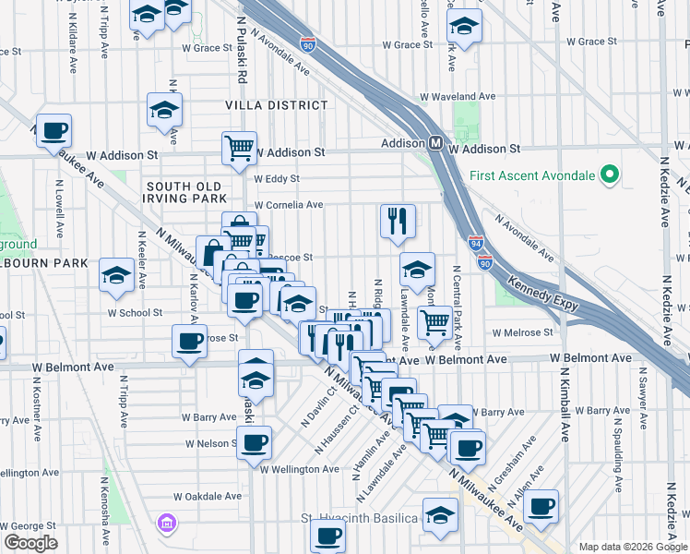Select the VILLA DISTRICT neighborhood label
click(x=263, y=106)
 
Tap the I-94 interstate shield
click(x=475, y=244)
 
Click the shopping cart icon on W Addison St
click(x=239, y=147)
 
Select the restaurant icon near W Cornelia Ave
click(x=398, y=221)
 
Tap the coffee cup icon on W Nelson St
click(x=254, y=440)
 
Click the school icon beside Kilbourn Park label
click(x=117, y=274)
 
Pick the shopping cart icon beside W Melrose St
click(x=434, y=322)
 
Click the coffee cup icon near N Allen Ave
click(x=541, y=505)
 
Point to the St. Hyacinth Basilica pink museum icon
click(x=167, y=524)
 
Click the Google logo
click(x=30, y=543)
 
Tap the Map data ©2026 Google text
click(x=633, y=547)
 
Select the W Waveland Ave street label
click(x=458, y=96)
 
